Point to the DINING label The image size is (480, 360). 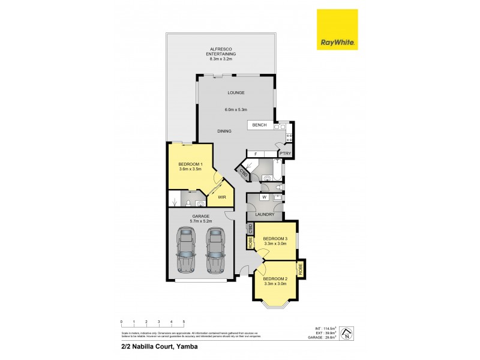click(x=224, y=130)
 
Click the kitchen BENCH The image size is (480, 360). click(x=260, y=125)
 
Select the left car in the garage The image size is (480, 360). click(x=187, y=250)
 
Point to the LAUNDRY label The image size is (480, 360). click(x=265, y=214)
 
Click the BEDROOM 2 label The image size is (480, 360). click(x=275, y=278)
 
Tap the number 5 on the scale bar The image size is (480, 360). click(x=184, y=322)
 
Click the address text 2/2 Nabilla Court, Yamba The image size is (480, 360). click(x=149, y=347)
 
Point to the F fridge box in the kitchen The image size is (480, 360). click(x=256, y=154)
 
